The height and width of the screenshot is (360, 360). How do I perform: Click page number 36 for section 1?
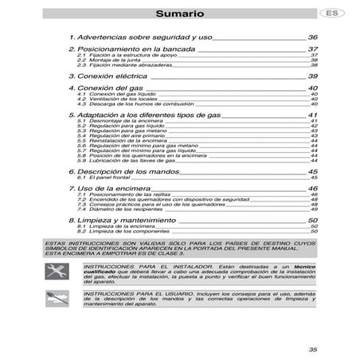click(x=313, y=37)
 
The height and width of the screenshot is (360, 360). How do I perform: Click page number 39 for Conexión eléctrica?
click(x=313, y=75)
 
